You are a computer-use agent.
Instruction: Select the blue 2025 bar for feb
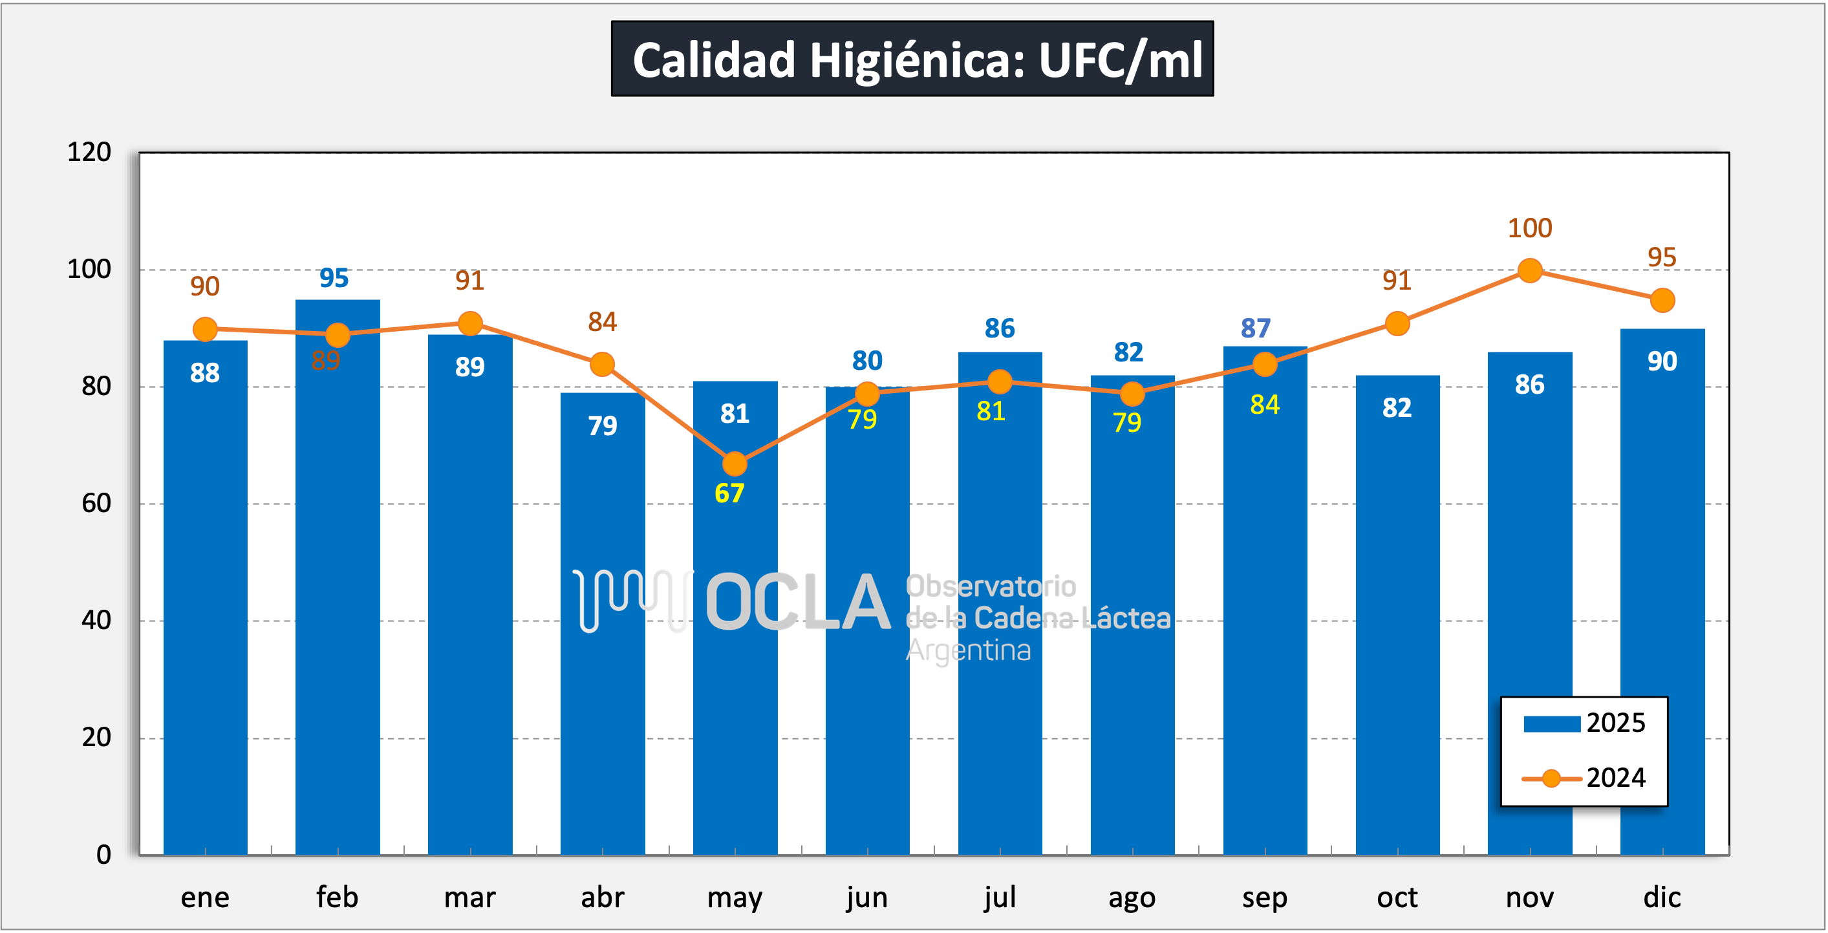coord(337,568)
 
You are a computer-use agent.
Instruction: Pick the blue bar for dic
coord(1662,589)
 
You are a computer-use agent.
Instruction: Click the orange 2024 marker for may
coord(735,464)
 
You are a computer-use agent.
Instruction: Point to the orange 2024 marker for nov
coord(1529,270)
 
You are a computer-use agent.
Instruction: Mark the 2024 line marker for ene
coord(205,329)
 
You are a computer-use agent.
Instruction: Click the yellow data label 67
coord(729,493)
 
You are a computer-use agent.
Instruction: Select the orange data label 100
coord(1529,228)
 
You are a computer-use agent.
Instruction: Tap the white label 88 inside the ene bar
coord(205,373)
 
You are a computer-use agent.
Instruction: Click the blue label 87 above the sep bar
coord(1255,328)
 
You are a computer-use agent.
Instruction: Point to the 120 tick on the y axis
coord(89,152)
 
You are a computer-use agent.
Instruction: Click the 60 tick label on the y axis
coord(96,503)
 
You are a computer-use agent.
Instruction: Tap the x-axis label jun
coord(866,897)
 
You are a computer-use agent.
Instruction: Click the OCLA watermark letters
coord(798,603)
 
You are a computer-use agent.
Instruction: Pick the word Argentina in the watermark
coord(968,650)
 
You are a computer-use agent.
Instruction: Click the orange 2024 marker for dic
coord(1662,300)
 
